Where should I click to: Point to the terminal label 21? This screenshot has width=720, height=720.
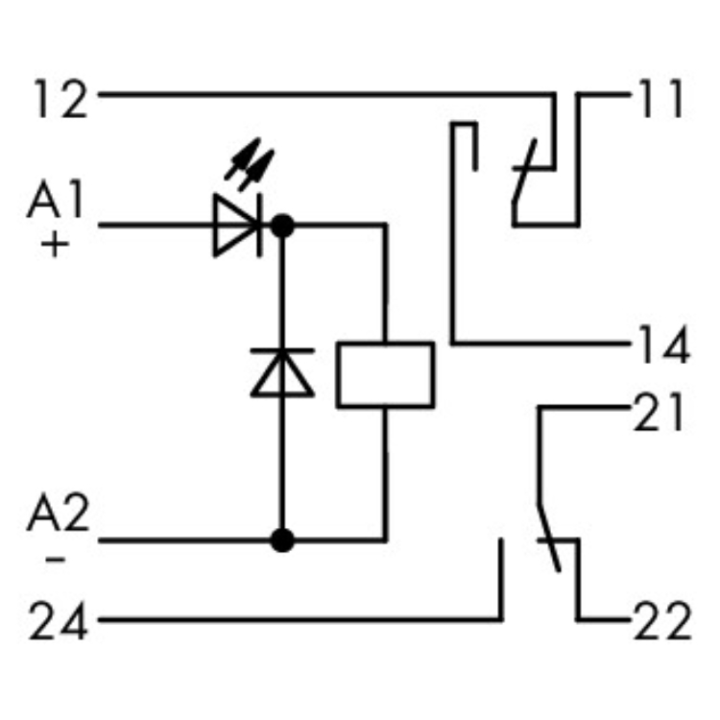pyautogui.click(x=660, y=414)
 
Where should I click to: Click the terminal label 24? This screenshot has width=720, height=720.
pyautogui.click(x=60, y=624)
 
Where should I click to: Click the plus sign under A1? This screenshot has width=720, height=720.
pyautogui.click(x=56, y=246)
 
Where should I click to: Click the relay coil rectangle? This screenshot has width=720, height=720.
pyautogui.click(x=385, y=374)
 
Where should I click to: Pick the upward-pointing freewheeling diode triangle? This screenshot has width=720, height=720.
pyautogui.click(x=282, y=372)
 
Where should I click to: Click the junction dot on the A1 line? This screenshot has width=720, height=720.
pyautogui.click(x=282, y=227)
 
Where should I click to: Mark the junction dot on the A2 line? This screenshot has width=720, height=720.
pyautogui.click(x=282, y=540)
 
